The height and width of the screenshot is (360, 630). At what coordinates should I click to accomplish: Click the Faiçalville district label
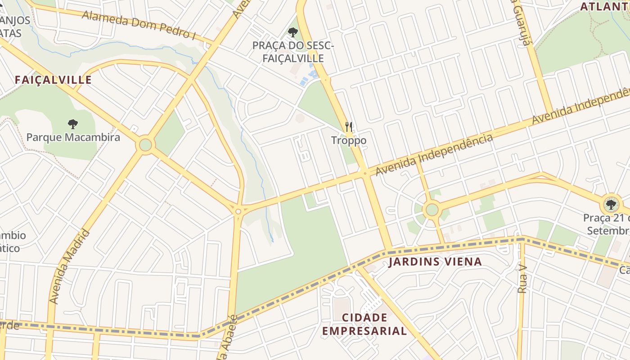(x=53, y=80)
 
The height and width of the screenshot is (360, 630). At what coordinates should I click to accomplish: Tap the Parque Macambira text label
(x=73, y=137)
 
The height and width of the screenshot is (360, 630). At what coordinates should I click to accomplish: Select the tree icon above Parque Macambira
(x=72, y=124)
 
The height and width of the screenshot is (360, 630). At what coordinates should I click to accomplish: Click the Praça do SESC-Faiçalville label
(x=293, y=52)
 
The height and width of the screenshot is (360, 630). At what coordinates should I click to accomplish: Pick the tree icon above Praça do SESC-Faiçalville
(x=293, y=32)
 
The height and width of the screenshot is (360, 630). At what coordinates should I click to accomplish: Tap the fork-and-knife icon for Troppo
(x=349, y=127)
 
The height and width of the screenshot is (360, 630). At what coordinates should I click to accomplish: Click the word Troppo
(x=349, y=140)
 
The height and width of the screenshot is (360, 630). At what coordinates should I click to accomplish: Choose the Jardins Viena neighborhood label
(x=435, y=261)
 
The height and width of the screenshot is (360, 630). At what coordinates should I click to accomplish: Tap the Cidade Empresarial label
(x=364, y=324)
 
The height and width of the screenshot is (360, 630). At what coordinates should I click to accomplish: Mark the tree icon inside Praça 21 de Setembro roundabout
(x=611, y=205)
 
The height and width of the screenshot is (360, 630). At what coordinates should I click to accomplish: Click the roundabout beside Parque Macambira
(x=145, y=145)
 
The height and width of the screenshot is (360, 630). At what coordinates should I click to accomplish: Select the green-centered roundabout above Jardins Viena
(x=432, y=209)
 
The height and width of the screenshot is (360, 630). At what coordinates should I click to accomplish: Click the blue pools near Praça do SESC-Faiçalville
(x=310, y=75)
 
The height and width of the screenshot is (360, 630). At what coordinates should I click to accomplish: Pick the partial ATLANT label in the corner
(x=604, y=7)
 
